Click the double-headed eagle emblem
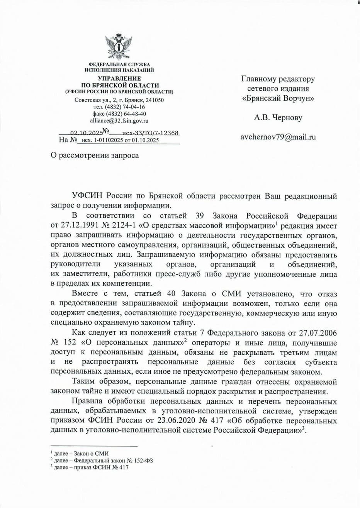(119, 47)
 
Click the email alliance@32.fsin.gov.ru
(119, 120)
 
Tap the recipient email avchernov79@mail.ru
(278, 137)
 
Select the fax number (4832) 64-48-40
(119, 114)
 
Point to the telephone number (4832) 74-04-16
(119, 107)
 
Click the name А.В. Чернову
(278, 118)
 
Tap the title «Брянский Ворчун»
(278, 98)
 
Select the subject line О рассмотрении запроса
(95, 155)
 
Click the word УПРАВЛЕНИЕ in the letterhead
(119, 78)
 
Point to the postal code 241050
(154, 100)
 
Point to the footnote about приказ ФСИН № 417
(91, 467)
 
